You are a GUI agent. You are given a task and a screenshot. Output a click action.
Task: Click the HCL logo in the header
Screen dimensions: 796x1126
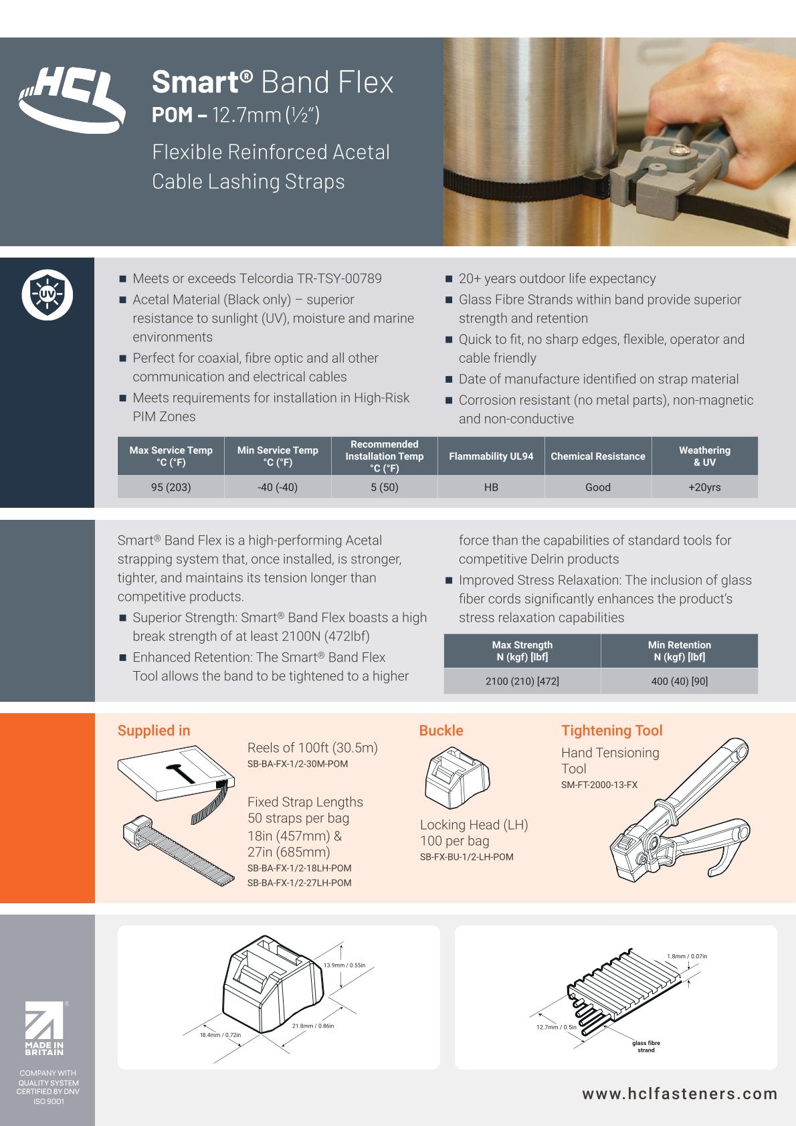(72, 100)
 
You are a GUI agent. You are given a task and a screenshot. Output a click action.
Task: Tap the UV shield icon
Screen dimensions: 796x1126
(47, 294)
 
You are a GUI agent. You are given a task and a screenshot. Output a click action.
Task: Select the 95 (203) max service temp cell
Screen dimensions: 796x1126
(171, 487)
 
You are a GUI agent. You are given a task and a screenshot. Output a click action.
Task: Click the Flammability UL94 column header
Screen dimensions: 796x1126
(491, 456)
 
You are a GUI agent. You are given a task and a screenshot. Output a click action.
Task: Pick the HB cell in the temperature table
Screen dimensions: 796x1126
(491, 487)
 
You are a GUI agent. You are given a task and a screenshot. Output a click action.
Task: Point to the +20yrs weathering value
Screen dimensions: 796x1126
(704, 487)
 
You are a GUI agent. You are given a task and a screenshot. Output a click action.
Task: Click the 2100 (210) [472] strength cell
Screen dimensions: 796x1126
(522, 681)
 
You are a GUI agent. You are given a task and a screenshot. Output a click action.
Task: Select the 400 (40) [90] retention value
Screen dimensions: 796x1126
(680, 681)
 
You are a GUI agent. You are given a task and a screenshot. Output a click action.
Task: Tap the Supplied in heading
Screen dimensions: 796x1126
(154, 731)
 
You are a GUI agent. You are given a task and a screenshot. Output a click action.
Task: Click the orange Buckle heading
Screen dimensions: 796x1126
(441, 731)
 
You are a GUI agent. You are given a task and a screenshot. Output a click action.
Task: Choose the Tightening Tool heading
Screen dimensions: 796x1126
(611, 731)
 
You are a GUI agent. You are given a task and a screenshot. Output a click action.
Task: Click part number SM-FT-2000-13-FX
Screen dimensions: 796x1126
(599, 785)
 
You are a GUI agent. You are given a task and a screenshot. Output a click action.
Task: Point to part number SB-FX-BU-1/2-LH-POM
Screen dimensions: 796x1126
(467, 857)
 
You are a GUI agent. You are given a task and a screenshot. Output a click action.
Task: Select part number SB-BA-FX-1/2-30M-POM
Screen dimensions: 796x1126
(298, 764)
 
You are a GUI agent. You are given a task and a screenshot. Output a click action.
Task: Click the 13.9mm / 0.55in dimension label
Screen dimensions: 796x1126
(344, 965)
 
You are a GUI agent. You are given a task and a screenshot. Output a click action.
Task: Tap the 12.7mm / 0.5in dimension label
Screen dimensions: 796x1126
(557, 1027)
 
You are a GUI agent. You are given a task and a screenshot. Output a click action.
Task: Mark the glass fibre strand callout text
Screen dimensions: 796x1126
(646, 1046)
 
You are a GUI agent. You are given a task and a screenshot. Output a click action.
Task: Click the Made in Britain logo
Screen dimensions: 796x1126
(45, 1028)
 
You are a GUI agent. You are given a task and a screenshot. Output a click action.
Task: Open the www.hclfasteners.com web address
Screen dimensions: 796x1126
(680, 1094)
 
